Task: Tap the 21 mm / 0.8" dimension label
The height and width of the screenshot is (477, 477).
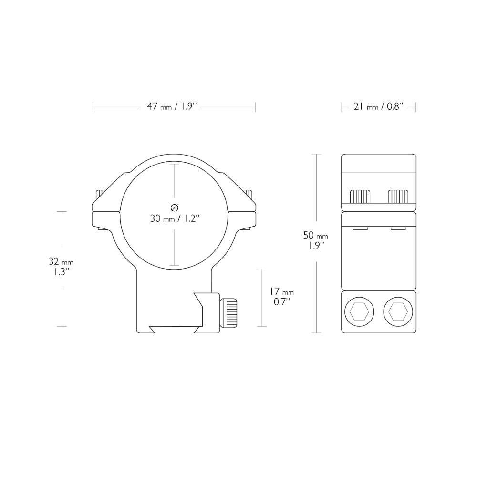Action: pos(378,107)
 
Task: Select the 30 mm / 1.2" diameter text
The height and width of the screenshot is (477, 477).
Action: pos(175,219)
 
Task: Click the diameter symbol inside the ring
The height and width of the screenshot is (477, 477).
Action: pos(174,207)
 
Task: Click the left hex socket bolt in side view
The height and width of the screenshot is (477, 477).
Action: pos(357,312)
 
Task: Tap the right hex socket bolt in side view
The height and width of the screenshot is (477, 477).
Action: pos(398,312)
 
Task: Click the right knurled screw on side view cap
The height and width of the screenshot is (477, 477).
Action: pos(398,196)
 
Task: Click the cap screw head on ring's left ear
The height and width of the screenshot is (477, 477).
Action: pos(100,195)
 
